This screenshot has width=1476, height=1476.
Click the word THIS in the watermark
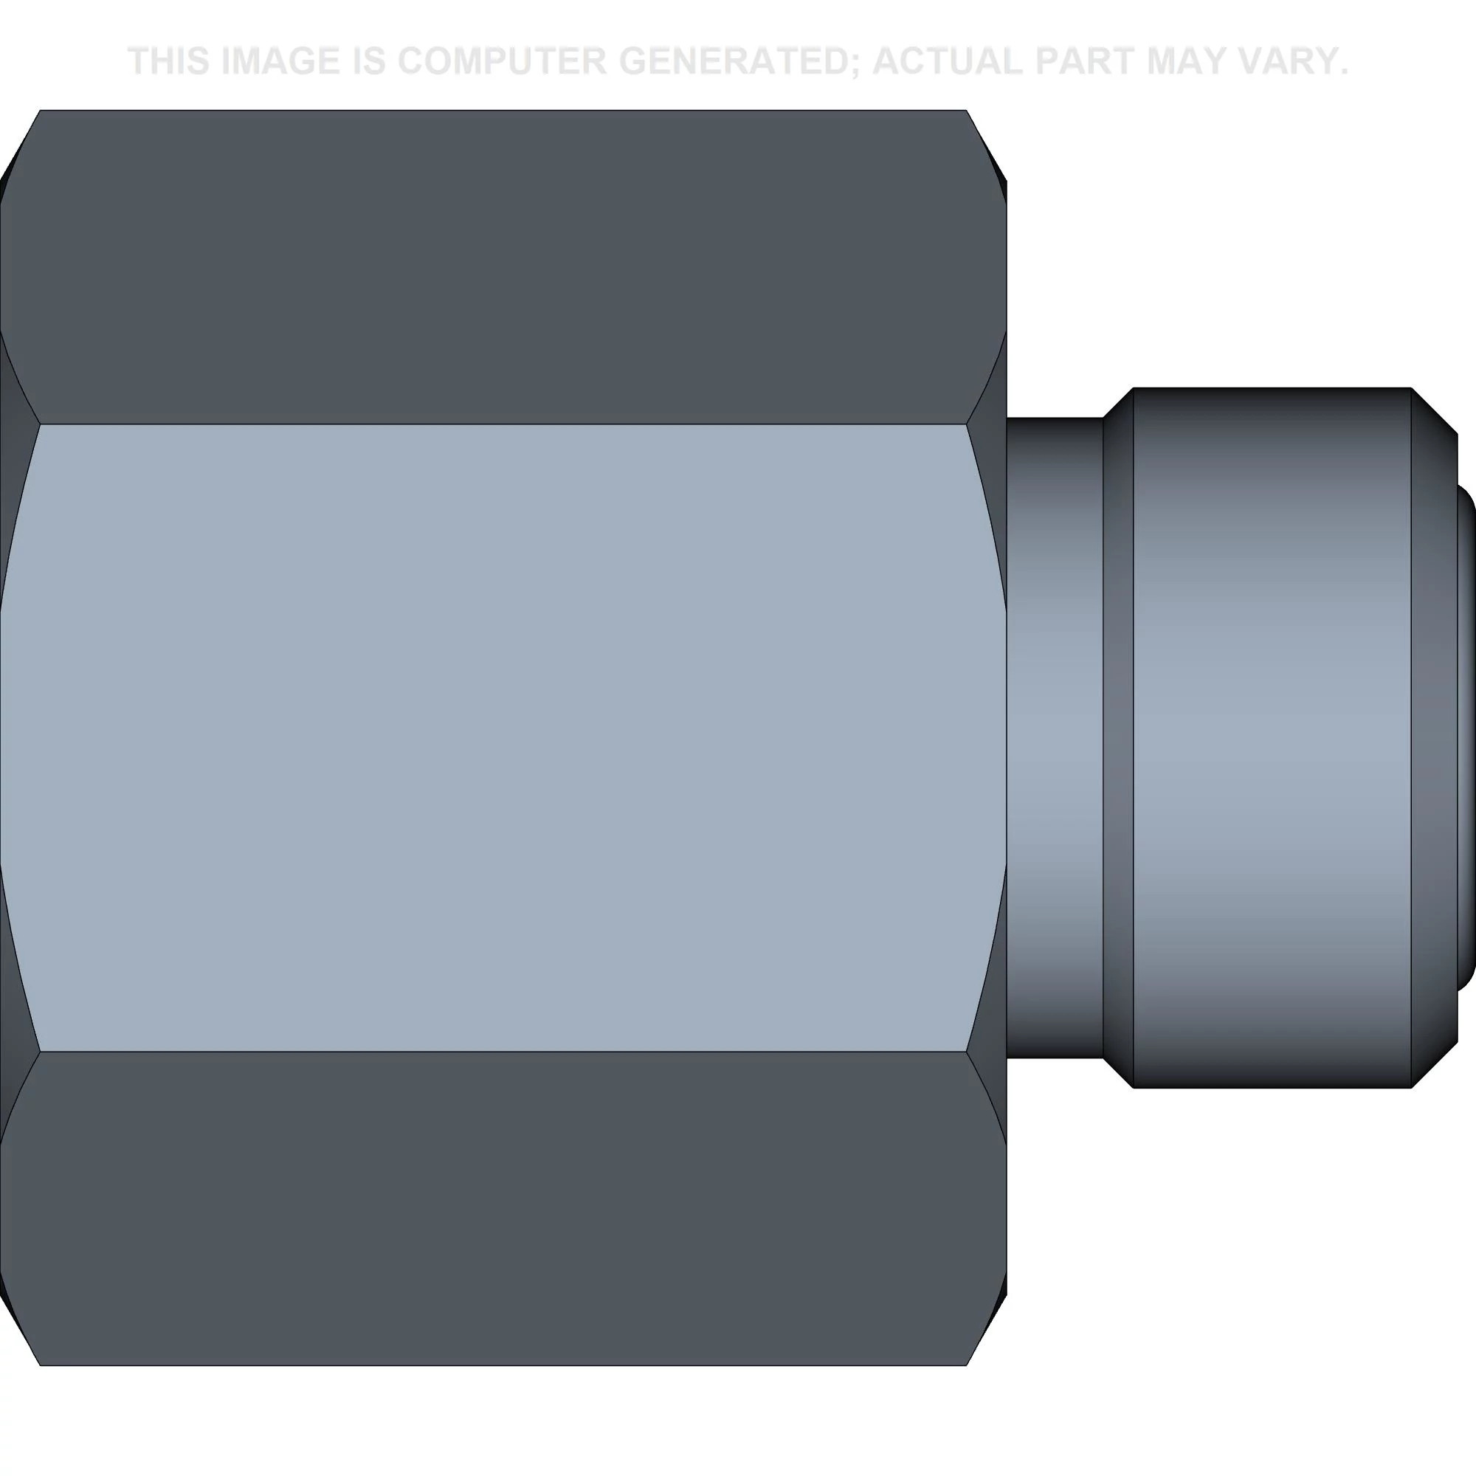pos(169,61)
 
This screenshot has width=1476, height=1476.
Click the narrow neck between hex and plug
pos(1055,737)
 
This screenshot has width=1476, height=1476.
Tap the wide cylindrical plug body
pos(1272,737)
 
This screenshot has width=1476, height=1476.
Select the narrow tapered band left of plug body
pos(1117,737)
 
